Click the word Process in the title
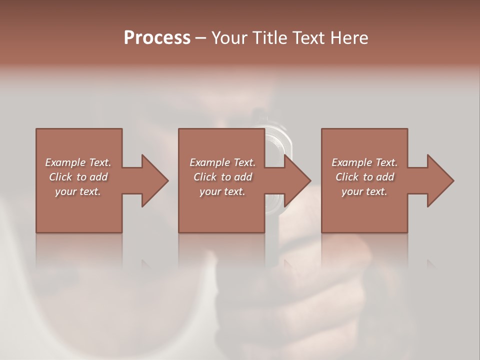point(157,38)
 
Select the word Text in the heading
point(306,38)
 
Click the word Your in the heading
point(229,38)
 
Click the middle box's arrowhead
point(296,180)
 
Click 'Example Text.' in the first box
point(78,162)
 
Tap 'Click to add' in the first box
point(78,177)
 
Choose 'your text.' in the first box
point(78,191)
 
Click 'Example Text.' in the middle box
point(222,162)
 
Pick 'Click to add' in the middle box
point(222,177)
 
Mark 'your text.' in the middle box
point(222,191)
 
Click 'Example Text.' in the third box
point(364,162)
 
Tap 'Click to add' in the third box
point(364,177)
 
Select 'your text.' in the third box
point(364,191)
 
